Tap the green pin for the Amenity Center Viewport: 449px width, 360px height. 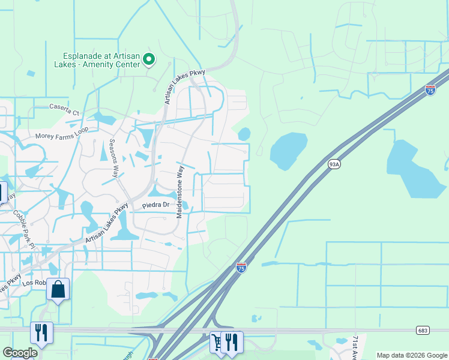pyautogui.click(x=148, y=59)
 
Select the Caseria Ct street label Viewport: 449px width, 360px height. pyautogui.click(x=64, y=108)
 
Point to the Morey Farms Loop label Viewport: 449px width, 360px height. pyautogui.click(x=62, y=133)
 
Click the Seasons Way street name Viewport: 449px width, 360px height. pyautogui.click(x=112, y=158)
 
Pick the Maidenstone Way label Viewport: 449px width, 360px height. pyautogui.click(x=178, y=191)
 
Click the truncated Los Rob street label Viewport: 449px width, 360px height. pyautogui.click(x=34, y=283)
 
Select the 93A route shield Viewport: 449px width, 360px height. pyautogui.click(x=334, y=164)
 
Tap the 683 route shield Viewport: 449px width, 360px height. pyautogui.click(x=422, y=330)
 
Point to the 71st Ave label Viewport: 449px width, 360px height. pyautogui.click(x=355, y=347)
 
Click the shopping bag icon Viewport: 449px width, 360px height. pyautogui.click(x=58, y=290)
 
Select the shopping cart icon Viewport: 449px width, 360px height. pyautogui.click(x=216, y=342)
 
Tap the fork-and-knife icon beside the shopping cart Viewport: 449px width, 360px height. pyautogui.click(x=232, y=342)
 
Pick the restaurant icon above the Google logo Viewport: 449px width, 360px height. pyautogui.click(x=41, y=332)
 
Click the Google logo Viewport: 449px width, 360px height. pyautogui.click(x=20, y=352)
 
